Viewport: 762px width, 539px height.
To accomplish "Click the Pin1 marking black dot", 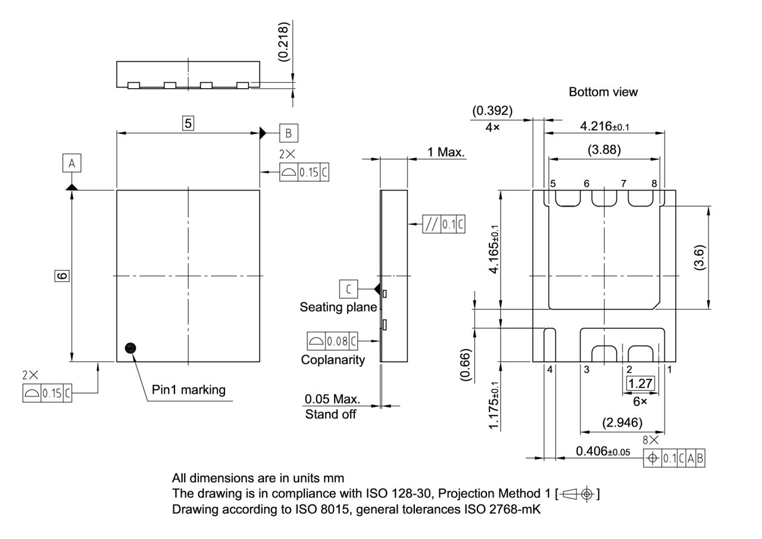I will coord(130,348).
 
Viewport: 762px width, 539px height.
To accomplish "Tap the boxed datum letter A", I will coord(71,163).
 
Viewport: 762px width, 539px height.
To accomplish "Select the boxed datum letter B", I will coord(289,133).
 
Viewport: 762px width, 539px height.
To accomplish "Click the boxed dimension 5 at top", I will coord(188,123).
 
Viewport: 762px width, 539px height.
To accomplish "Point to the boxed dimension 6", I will coord(61,275).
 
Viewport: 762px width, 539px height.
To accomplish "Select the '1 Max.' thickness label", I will coord(445,152).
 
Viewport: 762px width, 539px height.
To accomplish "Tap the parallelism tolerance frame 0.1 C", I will coord(444,224).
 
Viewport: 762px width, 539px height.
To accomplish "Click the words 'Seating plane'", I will coord(338,307).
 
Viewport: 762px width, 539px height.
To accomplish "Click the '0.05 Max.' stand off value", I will coord(332,398).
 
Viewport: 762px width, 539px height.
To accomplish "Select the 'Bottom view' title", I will coord(602,92).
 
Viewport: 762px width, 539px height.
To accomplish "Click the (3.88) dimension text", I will coord(604,149).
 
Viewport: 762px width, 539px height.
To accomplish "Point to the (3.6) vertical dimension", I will coord(699,257).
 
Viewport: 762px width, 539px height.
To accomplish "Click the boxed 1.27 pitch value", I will coord(640,383).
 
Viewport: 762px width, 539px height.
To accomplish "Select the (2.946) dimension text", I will coord(622,423).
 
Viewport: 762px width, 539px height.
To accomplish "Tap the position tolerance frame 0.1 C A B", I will coord(675,458).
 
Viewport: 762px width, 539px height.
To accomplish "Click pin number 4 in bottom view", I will coord(549,370).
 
